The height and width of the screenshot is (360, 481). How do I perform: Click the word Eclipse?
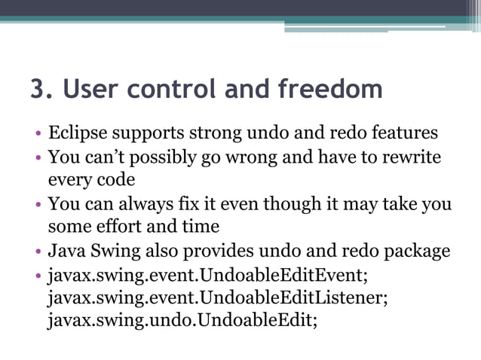click(77, 133)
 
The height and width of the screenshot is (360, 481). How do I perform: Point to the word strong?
click(212, 133)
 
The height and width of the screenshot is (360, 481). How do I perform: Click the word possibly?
click(163, 158)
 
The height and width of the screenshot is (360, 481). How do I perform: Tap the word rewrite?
click(412, 158)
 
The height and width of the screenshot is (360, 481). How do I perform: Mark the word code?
click(112, 182)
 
